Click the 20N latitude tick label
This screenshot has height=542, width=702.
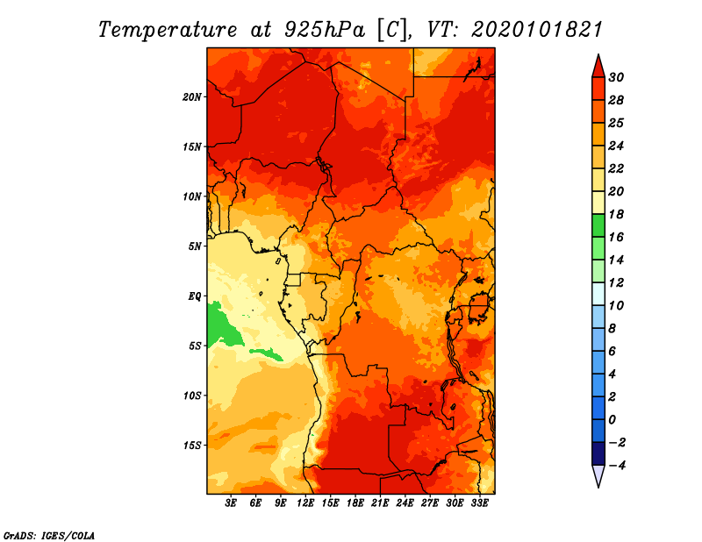tap(192, 96)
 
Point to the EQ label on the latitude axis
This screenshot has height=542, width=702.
tap(195, 296)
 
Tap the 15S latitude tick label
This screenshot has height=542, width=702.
tap(192, 445)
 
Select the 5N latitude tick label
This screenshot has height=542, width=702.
tap(195, 246)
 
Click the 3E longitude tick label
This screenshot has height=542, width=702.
tap(231, 503)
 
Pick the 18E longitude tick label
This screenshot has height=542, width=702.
tap(355, 503)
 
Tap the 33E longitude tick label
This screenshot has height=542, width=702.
tap(480, 503)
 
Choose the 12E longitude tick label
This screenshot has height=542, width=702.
tap(305, 503)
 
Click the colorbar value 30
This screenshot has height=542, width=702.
tap(616, 77)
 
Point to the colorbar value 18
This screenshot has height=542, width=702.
tap(616, 214)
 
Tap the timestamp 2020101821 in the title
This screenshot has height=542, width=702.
tap(537, 29)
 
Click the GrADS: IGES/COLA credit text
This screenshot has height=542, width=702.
tap(48, 534)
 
